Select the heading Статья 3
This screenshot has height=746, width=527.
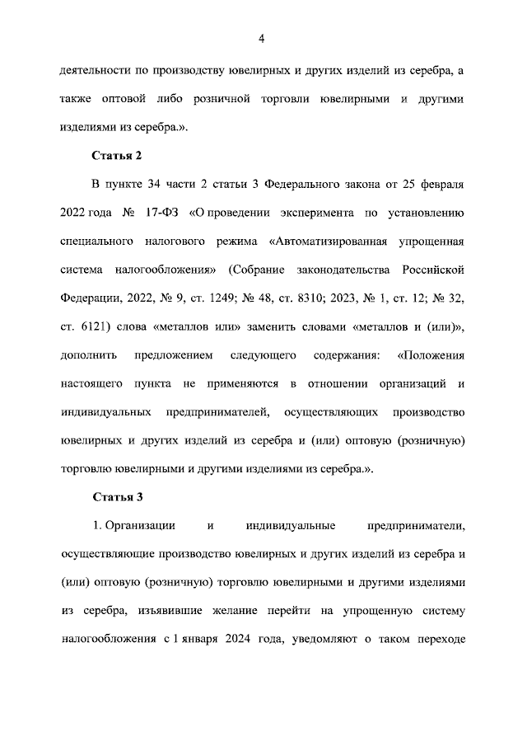point(117,498)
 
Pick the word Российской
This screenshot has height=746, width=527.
point(434,270)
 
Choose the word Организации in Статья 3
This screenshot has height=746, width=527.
point(139,527)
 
